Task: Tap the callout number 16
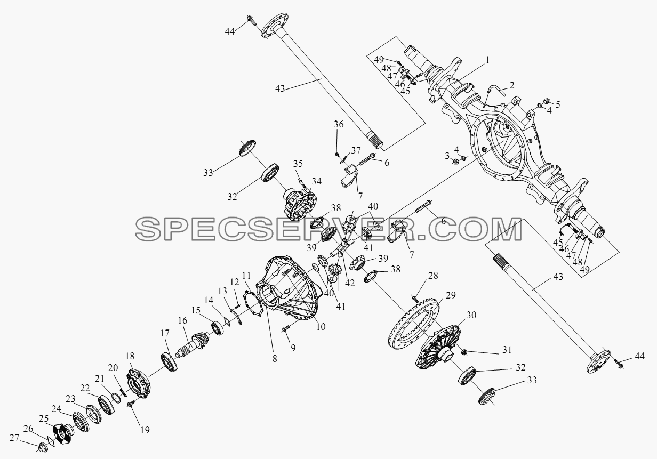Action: tap(182, 320)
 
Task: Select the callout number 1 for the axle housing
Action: tap(487, 60)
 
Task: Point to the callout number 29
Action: tap(451, 295)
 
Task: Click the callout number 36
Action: tap(339, 124)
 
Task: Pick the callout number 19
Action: tap(145, 430)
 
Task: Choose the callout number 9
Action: tap(293, 348)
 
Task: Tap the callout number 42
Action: tap(350, 283)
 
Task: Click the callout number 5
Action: tap(558, 104)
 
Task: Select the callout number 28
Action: tap(433, 276)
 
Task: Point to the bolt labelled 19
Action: tap(130, 404)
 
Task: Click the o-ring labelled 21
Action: tap(116, 398)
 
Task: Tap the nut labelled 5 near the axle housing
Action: tap(547, 101)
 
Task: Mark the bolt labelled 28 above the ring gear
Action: tap(415, 299)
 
